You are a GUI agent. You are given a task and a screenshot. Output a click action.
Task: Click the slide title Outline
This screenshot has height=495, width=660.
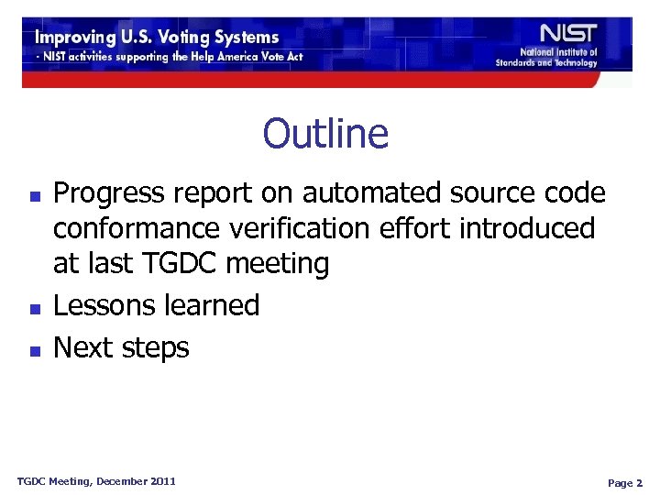(x=325, y=134)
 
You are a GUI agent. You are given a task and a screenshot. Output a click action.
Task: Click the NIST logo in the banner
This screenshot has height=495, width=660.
(x=567, y=34)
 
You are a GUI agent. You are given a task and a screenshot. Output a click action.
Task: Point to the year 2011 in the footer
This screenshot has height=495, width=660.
(x=161, y=481)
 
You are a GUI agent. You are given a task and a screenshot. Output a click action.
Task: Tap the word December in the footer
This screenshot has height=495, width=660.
(x=115, y=481)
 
